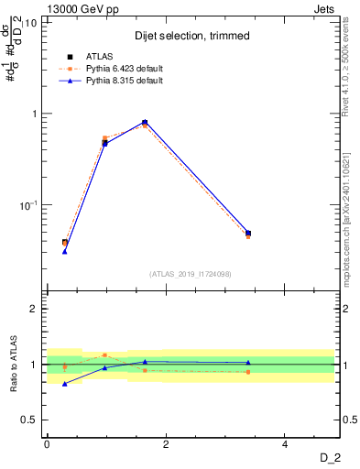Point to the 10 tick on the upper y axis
pos(30,22)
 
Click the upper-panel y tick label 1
pos(34,114)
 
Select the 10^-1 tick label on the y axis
pos(27,205)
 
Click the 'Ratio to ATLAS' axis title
pos(12,364)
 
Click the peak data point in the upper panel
pos(145,122)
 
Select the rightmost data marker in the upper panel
pos(248,233)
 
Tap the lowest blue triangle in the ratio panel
pos(65,384)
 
